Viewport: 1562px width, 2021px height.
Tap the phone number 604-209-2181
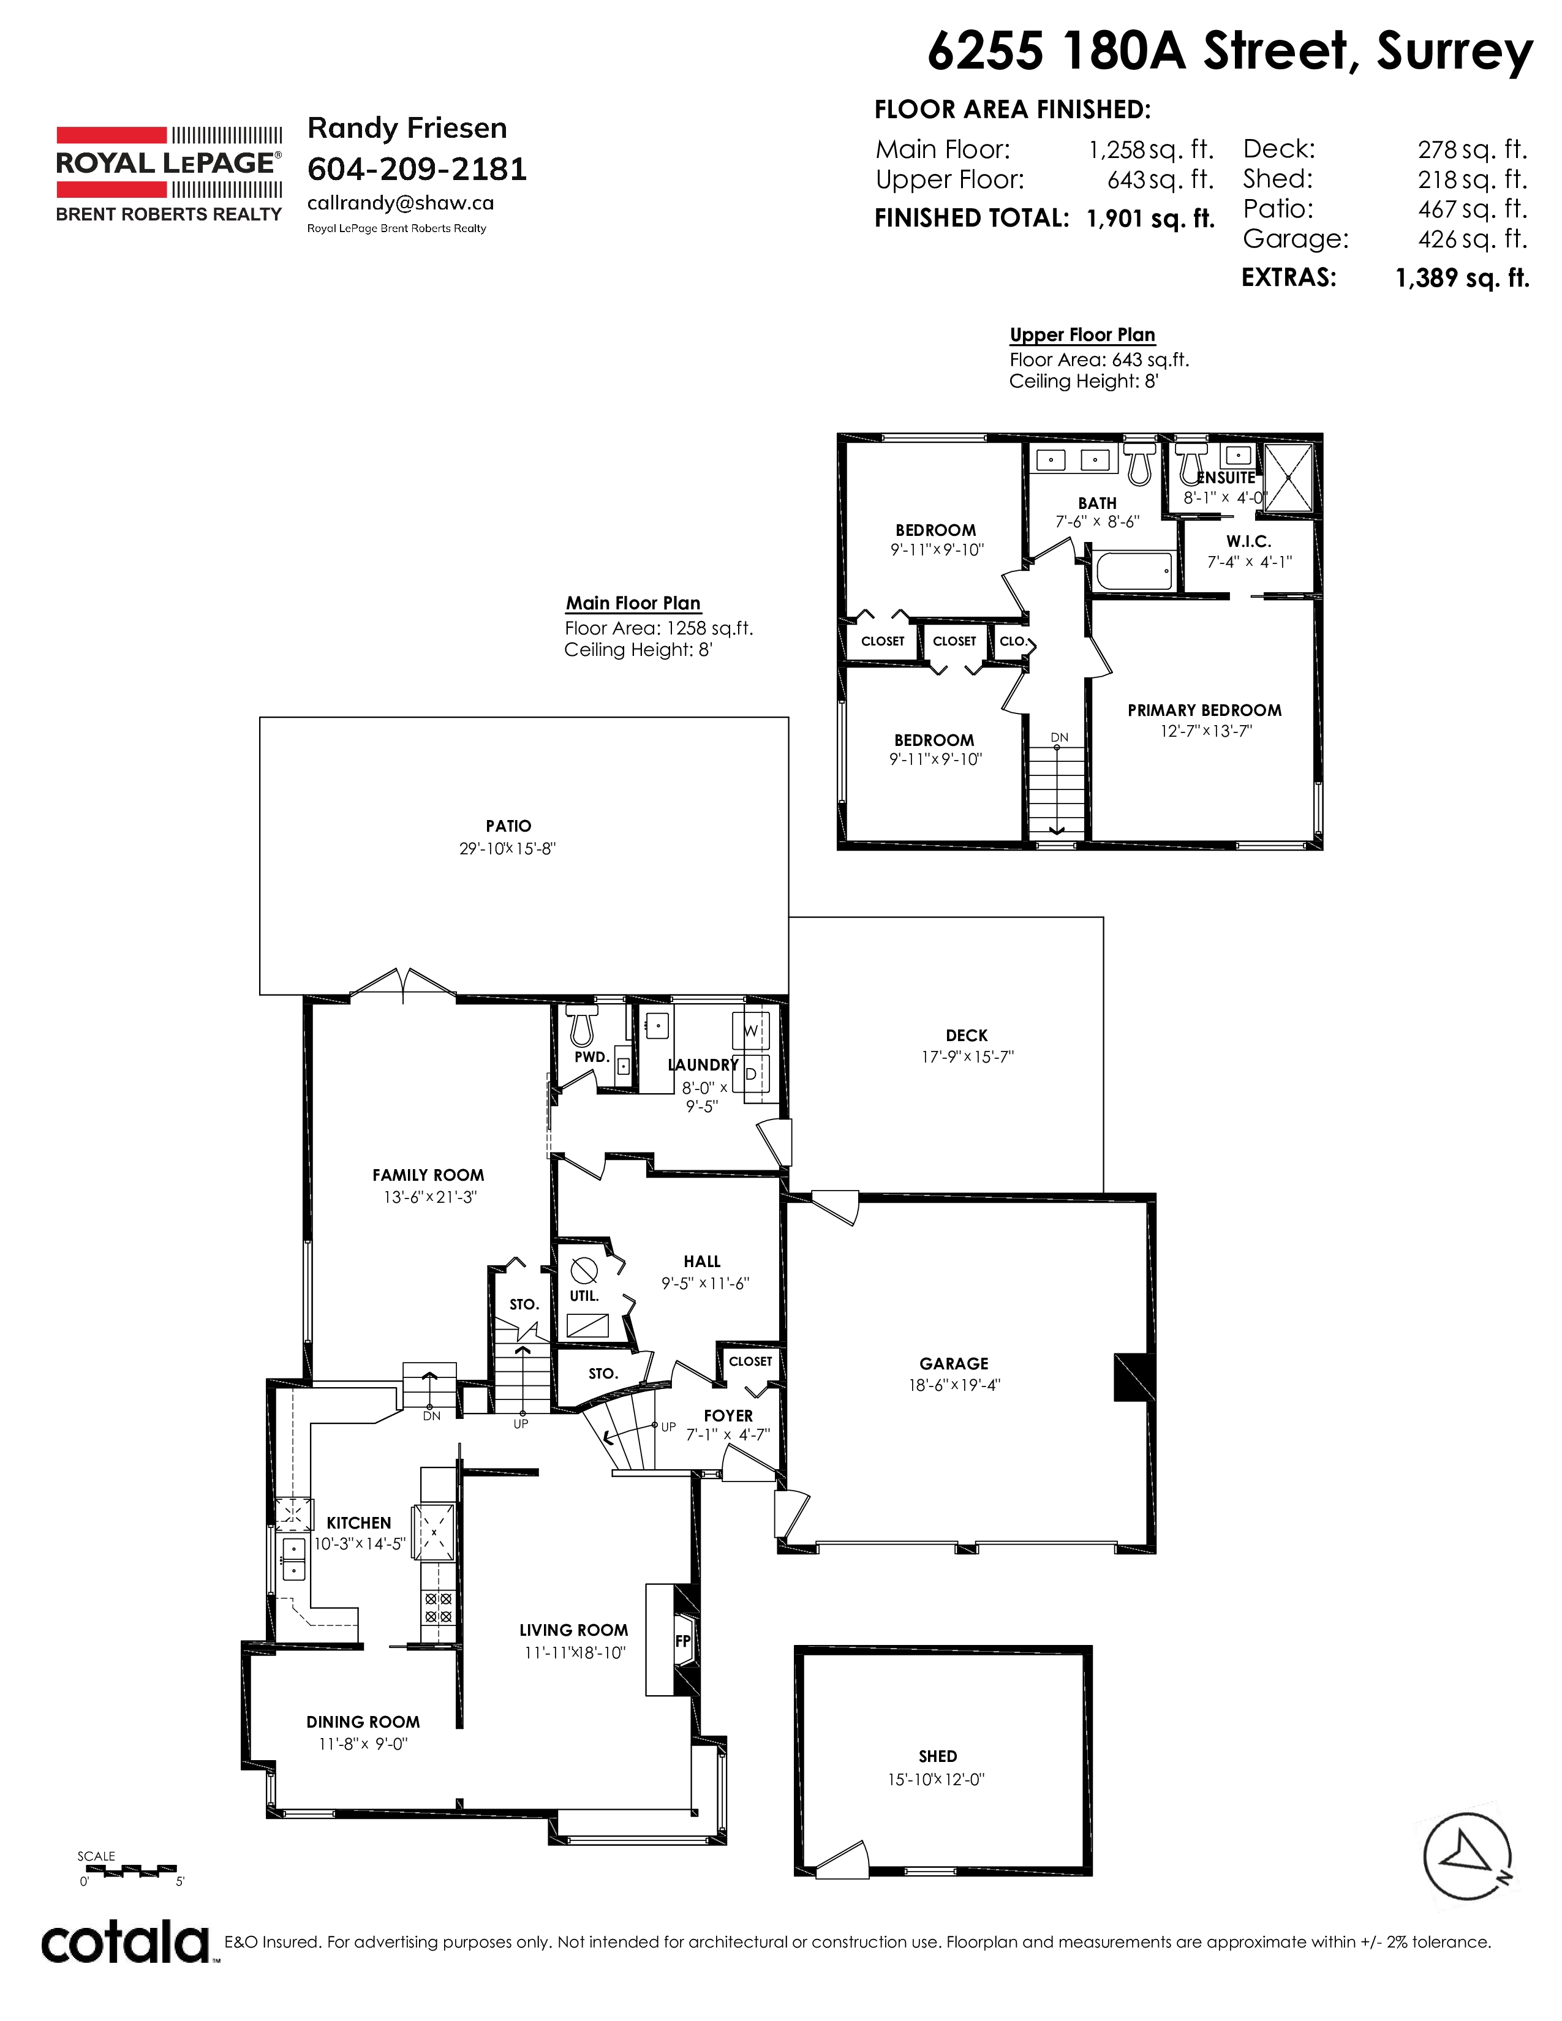tap(417, 170)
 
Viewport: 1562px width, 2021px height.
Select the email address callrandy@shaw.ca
tap(401, 203)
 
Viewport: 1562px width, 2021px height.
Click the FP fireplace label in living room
tap(683, 1641)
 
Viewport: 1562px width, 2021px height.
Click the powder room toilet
tap(581, 1025)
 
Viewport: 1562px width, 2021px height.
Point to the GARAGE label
tap(954, 1364)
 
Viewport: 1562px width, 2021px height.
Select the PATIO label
tap(508, 826)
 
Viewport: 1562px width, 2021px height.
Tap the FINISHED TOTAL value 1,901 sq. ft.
tap(1150, 219)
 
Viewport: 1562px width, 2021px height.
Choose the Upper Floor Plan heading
tap(1082, 335)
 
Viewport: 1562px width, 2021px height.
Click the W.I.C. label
tap(1248, 541)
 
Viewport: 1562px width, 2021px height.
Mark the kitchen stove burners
tap(438, 1608)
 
